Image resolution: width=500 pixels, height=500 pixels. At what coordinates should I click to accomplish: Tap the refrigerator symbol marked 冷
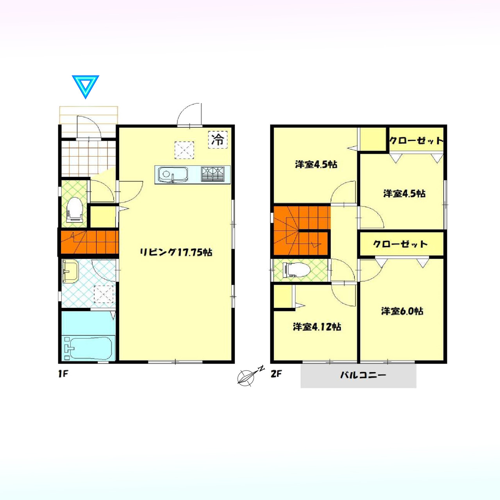coord(218,139)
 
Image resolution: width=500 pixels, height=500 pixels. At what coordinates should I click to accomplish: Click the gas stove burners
coord(212,173)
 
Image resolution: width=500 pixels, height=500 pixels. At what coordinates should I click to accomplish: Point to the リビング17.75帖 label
coord(176,252)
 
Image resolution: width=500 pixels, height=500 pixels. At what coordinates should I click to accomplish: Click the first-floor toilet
coord(75,210)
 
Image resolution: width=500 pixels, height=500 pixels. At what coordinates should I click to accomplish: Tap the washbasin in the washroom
coord(70,271)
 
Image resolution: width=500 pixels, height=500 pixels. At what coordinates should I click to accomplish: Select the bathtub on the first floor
coord(88,348)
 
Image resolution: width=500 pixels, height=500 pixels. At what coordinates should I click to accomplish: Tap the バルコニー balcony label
coord(363,375)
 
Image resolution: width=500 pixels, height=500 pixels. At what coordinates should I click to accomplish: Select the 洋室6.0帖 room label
coord(402,311)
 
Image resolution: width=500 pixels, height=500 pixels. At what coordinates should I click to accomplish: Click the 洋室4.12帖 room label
coord(317,327)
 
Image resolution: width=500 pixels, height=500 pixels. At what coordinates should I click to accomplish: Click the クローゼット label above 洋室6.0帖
coord(400,244)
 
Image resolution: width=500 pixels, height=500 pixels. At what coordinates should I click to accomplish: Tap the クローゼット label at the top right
coord(416,141)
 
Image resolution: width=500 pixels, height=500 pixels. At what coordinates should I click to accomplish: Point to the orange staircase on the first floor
coord(88,242)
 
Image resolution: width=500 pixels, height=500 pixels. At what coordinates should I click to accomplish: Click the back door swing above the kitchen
coord(189,114)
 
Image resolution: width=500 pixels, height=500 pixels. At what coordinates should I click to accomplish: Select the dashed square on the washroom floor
coord(104,294)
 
